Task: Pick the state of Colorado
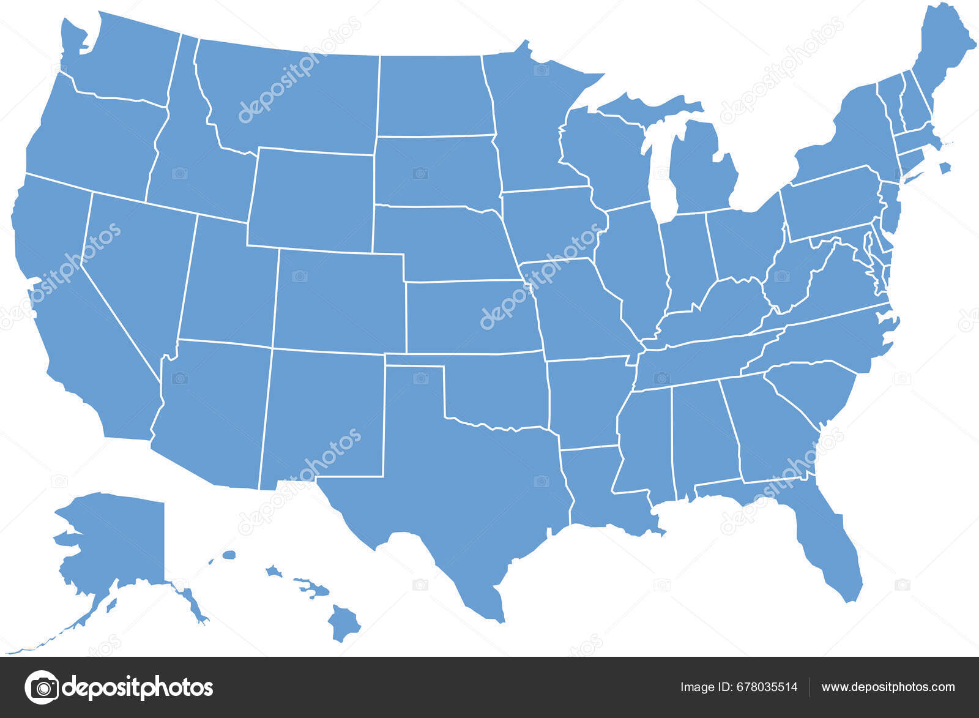[x=340, y=300]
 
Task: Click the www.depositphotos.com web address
[x=888, y=687]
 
